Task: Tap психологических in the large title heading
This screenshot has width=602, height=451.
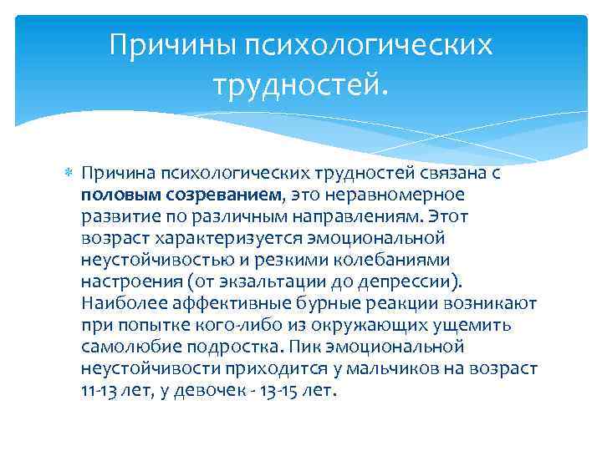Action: tap(369, 44)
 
